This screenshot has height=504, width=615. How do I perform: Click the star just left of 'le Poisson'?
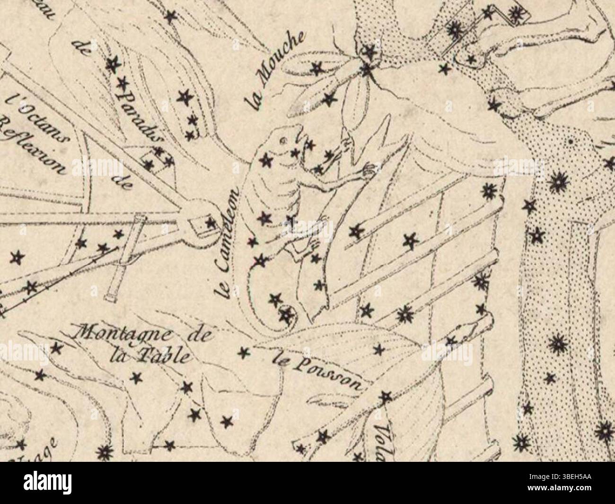tap(244, 352)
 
